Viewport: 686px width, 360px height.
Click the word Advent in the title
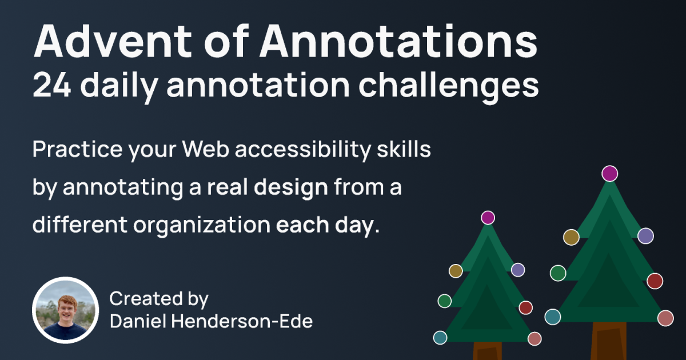(113, 41)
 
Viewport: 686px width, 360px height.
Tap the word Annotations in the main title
(398, 41)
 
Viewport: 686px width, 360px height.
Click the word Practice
(78, 149)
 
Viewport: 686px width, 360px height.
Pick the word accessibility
(303, 150)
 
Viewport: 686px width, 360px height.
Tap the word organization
(202, 226)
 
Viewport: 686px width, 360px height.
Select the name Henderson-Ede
(242, 321)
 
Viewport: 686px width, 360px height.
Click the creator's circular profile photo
(66, 310)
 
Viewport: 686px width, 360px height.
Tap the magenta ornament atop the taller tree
(610, 174)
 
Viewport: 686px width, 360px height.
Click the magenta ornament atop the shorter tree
(488, 218)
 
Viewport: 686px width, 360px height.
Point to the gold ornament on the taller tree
(571, 237)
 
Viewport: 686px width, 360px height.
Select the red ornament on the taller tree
(655, 281)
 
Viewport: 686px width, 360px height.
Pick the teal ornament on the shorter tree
(440, 337)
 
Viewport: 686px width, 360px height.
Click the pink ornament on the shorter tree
(535, 338)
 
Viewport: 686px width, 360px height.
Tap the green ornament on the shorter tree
(445, 301)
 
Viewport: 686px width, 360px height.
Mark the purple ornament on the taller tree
(645, 236)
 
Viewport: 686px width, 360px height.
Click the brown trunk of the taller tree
(609, 341)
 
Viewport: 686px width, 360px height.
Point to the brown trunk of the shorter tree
(488, 351)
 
